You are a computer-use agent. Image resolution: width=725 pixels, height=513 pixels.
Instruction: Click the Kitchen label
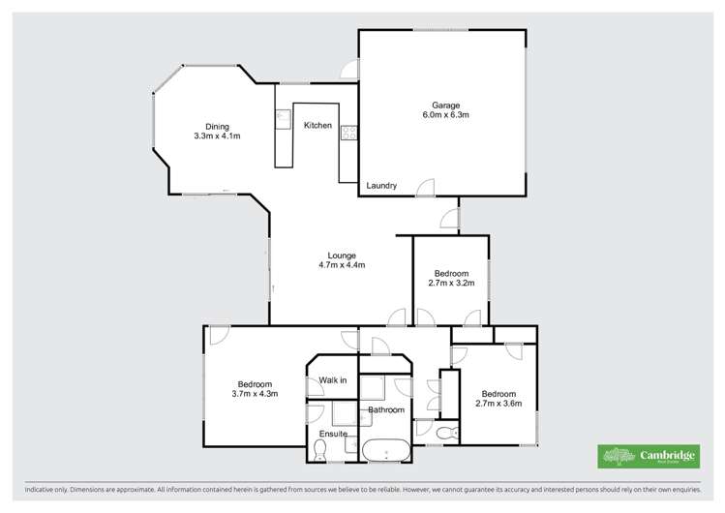(x=317, y=126)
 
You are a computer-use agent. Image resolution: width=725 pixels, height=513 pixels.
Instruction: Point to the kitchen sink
(x=283, y=119)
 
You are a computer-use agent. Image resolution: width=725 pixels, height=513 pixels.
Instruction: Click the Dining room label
(x=216, y=126)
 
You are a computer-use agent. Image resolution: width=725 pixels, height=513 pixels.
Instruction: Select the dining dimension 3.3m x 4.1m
(x=216, y=136)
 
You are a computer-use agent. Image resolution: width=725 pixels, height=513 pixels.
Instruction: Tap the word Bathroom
(x=385, y=410)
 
